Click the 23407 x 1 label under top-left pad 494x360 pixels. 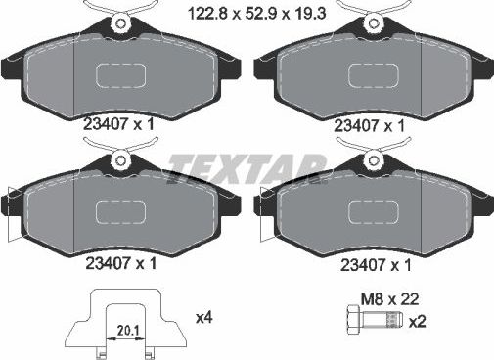(121, 123)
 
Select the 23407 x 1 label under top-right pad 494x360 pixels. (368, 125)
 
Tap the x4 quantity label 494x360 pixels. (204, 316)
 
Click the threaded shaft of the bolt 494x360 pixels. (383, 321)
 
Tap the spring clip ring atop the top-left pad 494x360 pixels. (120, 22)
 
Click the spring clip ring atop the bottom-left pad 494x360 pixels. (120, 157)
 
